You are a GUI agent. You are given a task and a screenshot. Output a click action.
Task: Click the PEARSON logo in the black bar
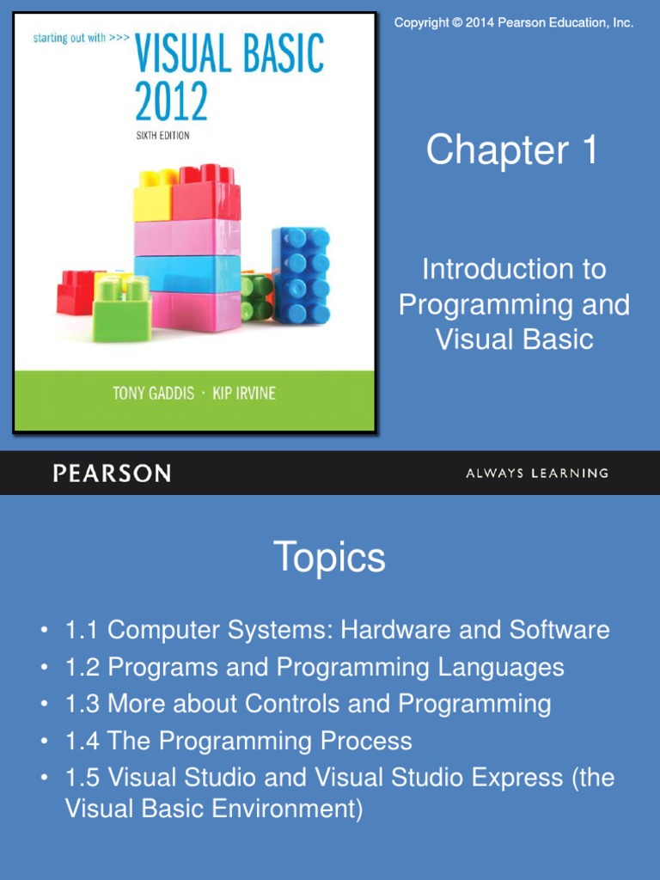pos(112,474)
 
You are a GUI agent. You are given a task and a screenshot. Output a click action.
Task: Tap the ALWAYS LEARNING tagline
pos(537,474)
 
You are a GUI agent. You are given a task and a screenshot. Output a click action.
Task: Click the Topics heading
pos(329,557)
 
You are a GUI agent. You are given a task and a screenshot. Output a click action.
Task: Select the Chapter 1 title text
pos(512,150)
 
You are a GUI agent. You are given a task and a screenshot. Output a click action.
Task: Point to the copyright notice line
pos(514,23)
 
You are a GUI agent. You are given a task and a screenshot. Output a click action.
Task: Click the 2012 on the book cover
pos(171,101)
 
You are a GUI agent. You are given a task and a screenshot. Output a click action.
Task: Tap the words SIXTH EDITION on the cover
pos(162,135)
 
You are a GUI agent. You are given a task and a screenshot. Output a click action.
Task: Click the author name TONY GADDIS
pos(153,393)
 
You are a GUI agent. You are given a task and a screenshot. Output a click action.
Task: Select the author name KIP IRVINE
pos(244,393)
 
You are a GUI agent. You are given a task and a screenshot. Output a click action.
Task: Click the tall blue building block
pos(302,276)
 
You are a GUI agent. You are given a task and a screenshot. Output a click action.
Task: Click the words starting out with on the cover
pos(69,38)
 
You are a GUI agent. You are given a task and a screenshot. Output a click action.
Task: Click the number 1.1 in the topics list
pos(82,630)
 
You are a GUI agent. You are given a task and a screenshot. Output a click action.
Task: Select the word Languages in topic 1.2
pos(501,668)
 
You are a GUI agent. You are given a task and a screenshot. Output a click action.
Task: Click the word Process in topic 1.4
pos(366,741)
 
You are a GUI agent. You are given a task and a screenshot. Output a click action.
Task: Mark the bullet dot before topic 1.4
pos(44,742)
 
